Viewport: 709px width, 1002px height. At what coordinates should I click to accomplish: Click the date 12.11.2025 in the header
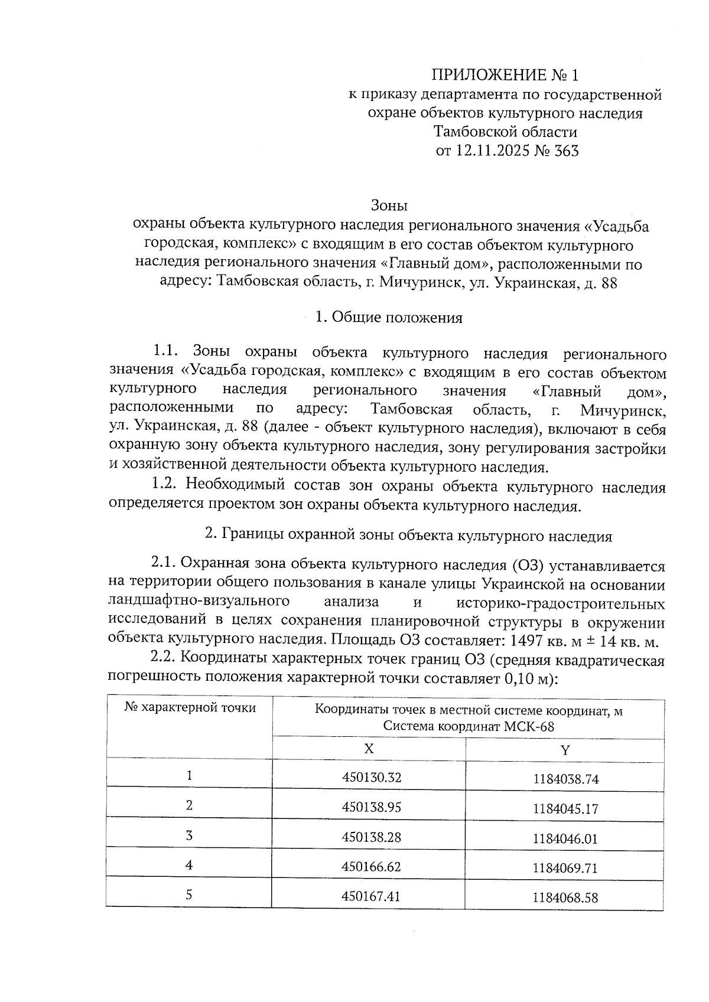[x=493, y=151]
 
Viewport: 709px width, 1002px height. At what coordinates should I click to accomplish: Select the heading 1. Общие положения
[x=388, y=318]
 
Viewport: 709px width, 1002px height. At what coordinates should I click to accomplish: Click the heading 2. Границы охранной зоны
[x=408, y=536]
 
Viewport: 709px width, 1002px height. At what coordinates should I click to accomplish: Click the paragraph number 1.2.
[x=164, y=487]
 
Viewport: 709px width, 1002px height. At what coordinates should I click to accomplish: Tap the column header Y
[x=565, y=750]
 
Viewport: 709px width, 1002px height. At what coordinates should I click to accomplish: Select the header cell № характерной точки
[x=190, y=708]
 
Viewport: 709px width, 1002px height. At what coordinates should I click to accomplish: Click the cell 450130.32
[x=371, y=778]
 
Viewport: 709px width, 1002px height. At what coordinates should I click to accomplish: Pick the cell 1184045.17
[x=565, y=808]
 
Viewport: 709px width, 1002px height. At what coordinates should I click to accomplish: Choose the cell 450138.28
[x=371, y=837]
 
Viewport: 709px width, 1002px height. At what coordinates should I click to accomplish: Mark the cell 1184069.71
[x=565, y=868]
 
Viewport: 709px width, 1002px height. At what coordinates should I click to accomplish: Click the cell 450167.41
[x=371, y=896]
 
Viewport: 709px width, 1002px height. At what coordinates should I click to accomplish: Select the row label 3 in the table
[x=189, y=835]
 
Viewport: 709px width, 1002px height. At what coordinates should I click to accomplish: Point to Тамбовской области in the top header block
[x=505, y=132]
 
